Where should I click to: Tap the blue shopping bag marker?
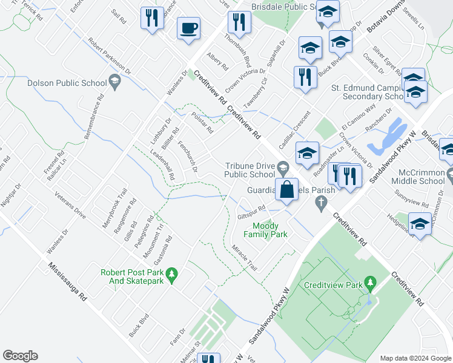click(286, 190)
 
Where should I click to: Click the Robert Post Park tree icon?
click(172, 275)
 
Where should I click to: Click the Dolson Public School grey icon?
click(113, 81)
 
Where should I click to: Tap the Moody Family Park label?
click(265, 230)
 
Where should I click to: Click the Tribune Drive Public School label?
click(250, 171)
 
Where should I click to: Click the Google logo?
click(20, 356)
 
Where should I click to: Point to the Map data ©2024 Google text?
click(415, 358)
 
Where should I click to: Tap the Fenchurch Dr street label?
click(187, 157)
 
